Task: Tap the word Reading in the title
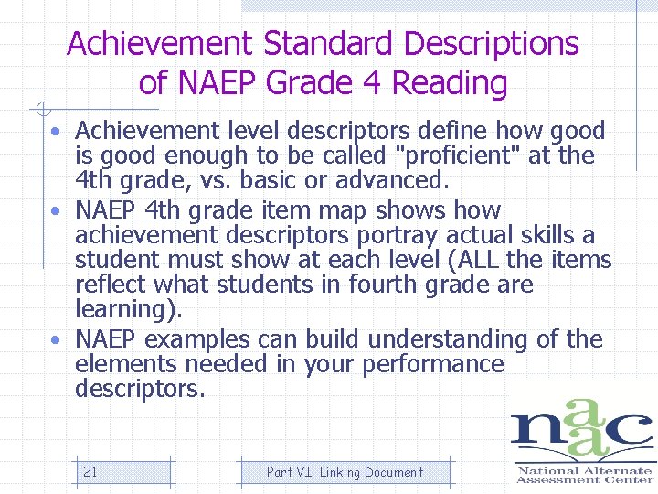click(x=449, y=83)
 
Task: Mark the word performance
click(x=433, y=364)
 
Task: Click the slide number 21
click(x=90, y=472)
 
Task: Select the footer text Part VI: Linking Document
click(x=345, y=472)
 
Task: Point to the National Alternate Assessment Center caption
click(x=584, y=475)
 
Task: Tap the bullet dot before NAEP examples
click(x=57, y=339)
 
